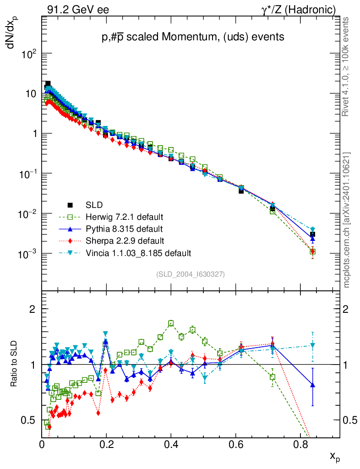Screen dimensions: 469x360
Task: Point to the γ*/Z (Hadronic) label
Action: pos(298,9)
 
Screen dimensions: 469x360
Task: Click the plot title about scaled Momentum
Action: pos(193,38)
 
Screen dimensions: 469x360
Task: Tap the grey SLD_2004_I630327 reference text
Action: pos(191,274)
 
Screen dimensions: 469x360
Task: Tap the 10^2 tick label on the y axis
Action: pos(29,54)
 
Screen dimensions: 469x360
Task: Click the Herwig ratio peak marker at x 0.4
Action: pos(171,323)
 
